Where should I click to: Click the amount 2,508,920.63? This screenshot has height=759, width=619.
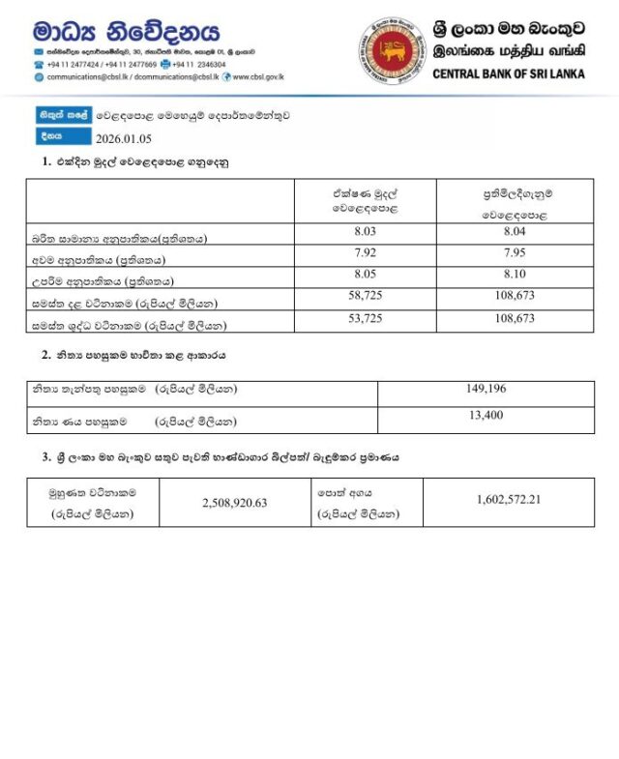[234, 503]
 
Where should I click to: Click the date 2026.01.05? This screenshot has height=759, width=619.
[123, 137]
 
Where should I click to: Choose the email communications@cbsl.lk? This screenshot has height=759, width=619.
[88, 75]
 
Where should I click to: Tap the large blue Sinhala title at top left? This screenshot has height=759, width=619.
[126, 32]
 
